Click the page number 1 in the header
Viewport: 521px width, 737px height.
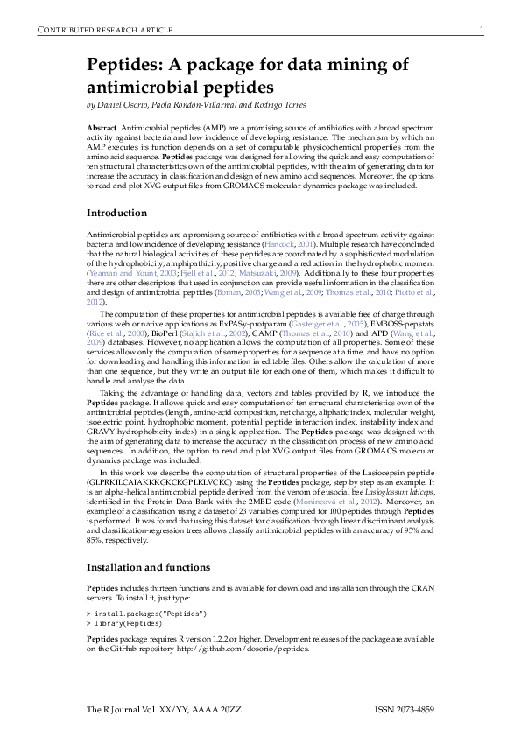[x=482, y=31]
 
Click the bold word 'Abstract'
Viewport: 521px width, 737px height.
[x=102, y=128]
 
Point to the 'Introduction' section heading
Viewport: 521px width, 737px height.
[x=116, y=214]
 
